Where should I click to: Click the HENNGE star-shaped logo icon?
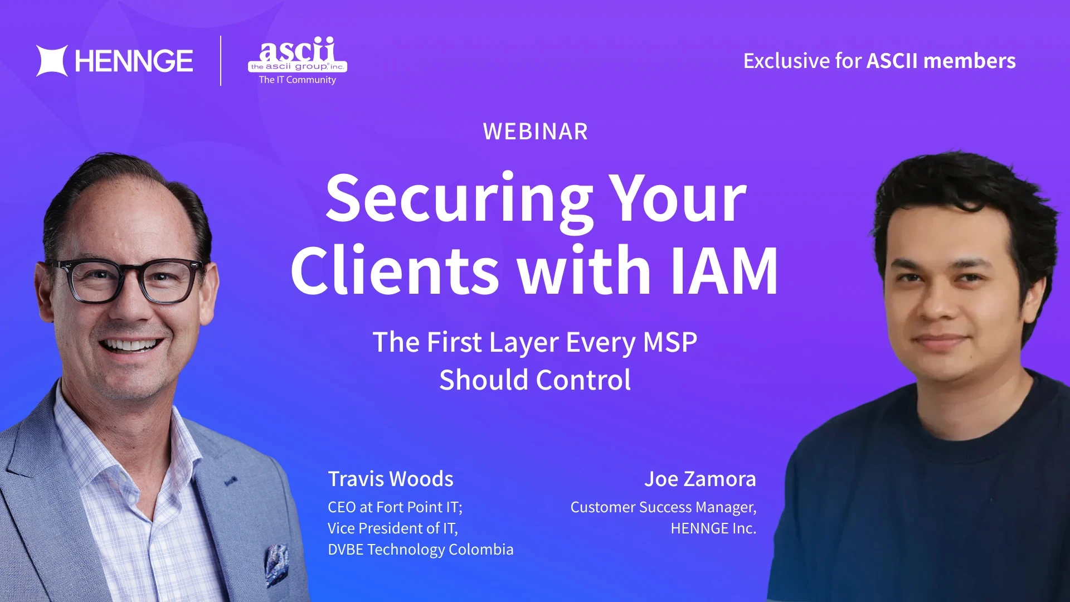52,61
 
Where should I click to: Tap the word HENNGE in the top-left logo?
134,61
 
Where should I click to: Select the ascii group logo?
298,56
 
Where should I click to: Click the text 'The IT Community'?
298,80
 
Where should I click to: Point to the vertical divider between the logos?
221,61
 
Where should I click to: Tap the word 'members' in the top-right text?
969,61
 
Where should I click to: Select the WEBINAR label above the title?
535,132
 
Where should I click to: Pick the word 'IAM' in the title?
724,271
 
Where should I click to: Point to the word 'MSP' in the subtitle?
670,342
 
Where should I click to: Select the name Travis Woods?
390,479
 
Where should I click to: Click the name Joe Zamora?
700,479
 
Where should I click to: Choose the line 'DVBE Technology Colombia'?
420,550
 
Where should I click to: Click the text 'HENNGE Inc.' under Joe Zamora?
713,528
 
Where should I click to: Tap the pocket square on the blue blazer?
276,563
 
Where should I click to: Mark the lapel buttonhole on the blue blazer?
230,480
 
